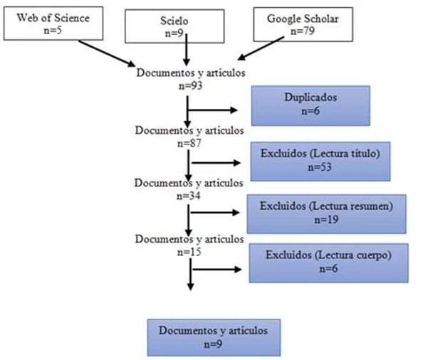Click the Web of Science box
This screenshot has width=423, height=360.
[x=53, y=23]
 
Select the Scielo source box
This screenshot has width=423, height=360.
[x=174, y=26]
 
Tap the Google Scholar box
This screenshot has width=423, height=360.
[x=303, y=24]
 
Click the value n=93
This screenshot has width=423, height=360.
[x=190, y=85]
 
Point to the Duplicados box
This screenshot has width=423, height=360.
[x=310, y=105]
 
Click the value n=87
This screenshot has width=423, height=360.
[x=189, y=143]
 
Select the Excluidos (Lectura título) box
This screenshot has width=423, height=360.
[x=320, y=162]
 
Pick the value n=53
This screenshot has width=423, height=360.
[x=320, y=167]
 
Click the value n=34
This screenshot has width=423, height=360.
[x=188, y=196]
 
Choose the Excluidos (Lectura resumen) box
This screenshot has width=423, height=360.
[x=326, y=214]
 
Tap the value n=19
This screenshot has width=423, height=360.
[x=326, y=220]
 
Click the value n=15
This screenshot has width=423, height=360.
[x=189, y=252]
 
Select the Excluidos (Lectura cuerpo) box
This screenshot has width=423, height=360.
[x=328, y=263]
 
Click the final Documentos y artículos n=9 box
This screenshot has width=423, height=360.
[x=214, y=338]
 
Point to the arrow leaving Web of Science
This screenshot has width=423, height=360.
[x=107, y=53]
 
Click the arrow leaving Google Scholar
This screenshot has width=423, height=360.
[x=261, y=48]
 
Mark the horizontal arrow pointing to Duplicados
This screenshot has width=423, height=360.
[x=212, y=110]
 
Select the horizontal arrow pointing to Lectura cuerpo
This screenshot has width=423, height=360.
[x=217, y=270]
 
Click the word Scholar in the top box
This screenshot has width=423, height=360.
[x=320, y=19]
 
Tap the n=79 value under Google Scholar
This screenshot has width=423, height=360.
[x=303, y=31]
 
